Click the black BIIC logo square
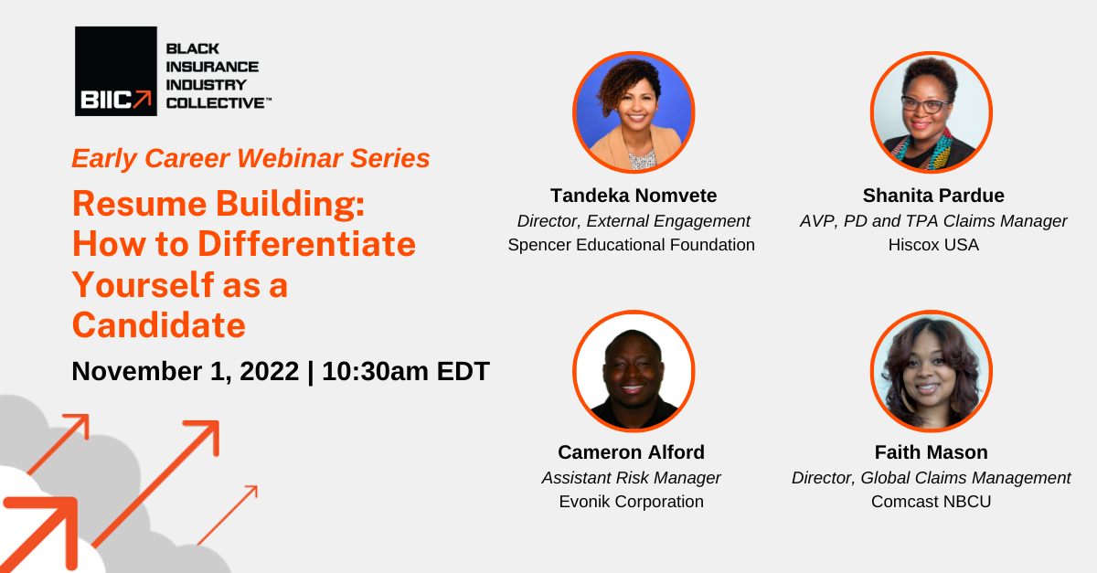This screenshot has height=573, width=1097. [115, 71]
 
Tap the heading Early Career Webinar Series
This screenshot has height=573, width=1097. [250, 158]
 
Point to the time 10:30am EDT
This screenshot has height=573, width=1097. [406, 371]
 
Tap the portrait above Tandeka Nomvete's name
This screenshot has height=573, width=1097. [634, 111]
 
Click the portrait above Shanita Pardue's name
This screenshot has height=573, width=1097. [931, 111]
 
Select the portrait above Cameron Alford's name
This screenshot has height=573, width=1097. [634, 371]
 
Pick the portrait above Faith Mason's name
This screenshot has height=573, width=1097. [931, 371]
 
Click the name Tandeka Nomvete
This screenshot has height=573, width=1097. [634, 196]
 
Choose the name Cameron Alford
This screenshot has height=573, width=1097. [632, 452]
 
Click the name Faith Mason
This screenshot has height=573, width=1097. [931, 452]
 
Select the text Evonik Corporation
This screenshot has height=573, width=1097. [632, 502]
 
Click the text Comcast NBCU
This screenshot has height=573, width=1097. [931, 502]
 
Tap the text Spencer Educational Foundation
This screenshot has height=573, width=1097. [632, 245]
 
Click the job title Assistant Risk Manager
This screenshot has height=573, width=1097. [632, 477]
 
